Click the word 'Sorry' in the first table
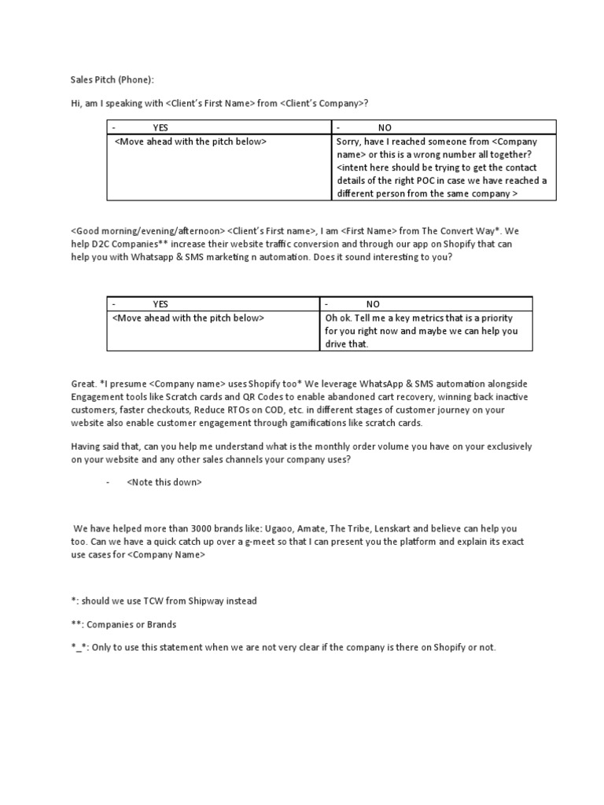(349, 142)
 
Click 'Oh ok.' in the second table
(339, 318)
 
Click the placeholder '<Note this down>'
(164, 483)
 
